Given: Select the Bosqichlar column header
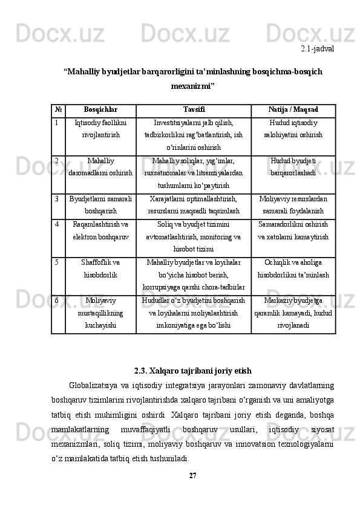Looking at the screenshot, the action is click(x=101, y=111).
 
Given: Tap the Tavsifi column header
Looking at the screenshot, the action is click(x=193, y=111).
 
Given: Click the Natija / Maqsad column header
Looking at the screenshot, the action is click(x=293, y=111).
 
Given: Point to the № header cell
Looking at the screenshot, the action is click(x=57, y=111).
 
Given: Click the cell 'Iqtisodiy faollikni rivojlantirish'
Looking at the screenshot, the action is click(x=101, y=129).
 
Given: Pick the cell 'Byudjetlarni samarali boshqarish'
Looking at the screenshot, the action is click(x=101, y=204).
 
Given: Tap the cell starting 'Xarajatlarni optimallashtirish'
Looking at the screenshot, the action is click(x=193, y=204).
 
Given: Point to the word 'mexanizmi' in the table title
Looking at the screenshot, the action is click(x=192, y=86).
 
